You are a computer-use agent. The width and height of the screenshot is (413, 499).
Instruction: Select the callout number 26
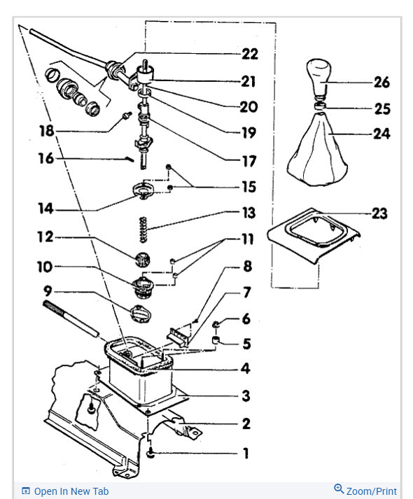(381, 83)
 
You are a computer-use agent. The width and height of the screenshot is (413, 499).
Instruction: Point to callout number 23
(379, 213)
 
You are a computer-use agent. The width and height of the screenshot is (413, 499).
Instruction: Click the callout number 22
(250, 54)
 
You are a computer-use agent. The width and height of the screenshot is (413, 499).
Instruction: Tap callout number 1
(245, 454)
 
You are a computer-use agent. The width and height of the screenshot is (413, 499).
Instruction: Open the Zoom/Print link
(365, 491)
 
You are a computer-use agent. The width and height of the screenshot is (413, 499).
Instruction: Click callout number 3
(245, 396)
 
